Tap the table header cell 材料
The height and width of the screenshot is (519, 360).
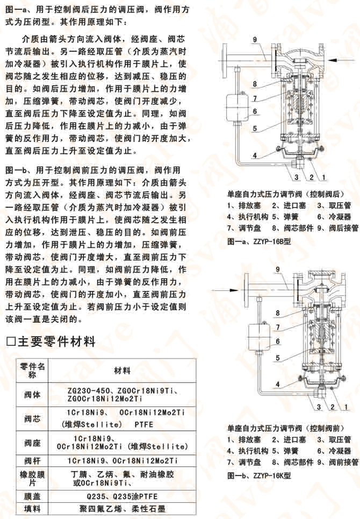122,371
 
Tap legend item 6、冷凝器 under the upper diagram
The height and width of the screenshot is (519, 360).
333,217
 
